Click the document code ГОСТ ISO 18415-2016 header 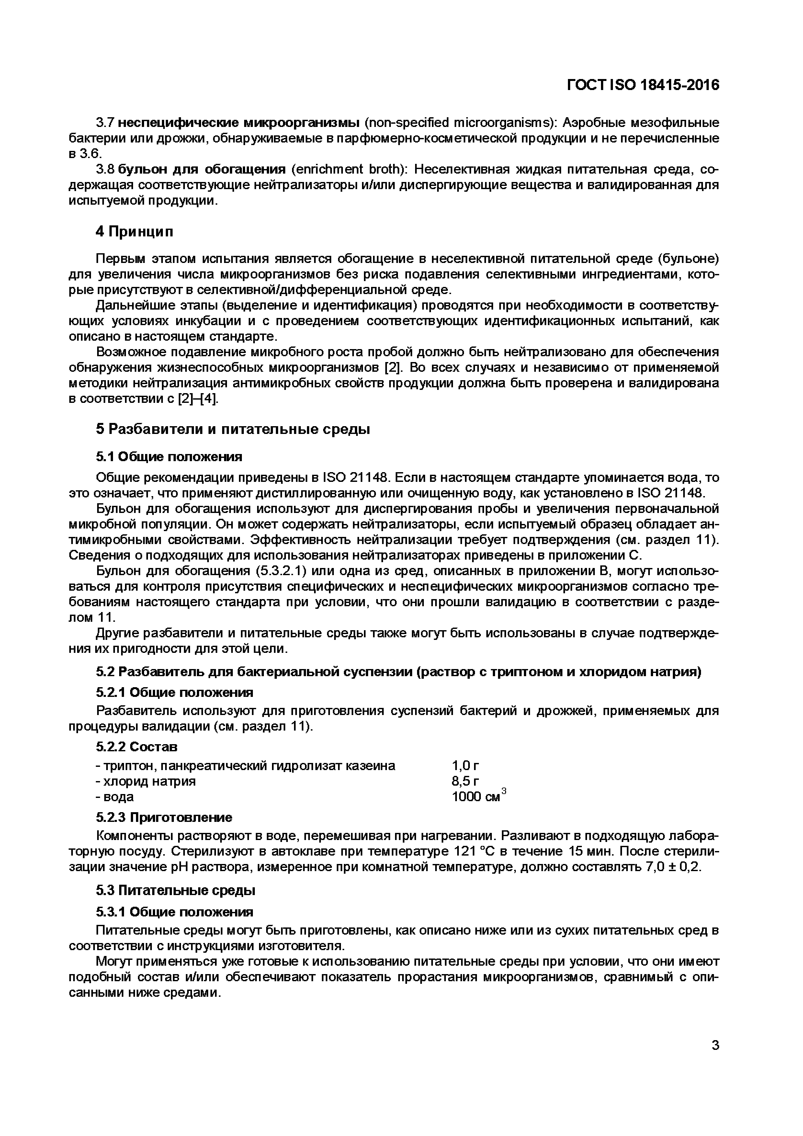pos(643,85)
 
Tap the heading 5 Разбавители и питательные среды pos(232,429)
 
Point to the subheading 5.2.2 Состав pos(137,747)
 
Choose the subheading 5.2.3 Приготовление pos(164,817)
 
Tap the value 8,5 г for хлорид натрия pos(465,781)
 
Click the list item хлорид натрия pos(146,781)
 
